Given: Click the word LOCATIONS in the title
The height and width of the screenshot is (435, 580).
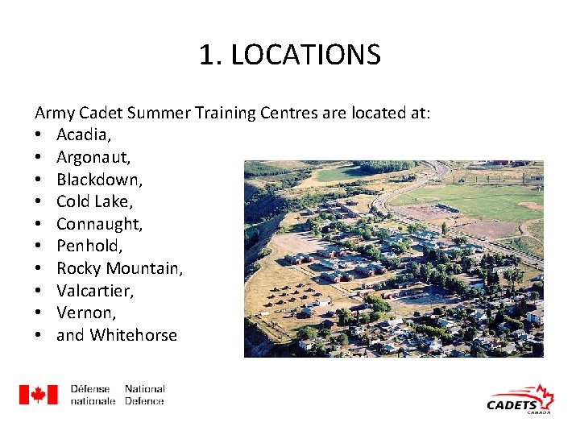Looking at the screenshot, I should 305,56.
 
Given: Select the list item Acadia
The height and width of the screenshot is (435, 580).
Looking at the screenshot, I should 81,135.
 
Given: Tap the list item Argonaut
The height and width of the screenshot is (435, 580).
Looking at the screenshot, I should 90,157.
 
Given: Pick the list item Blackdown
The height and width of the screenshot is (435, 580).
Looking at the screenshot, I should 94,179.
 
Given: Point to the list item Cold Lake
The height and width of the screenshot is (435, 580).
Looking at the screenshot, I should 89,201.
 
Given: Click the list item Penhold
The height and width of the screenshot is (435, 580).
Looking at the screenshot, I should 88,246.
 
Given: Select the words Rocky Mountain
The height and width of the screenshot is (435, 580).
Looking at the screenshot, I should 119,268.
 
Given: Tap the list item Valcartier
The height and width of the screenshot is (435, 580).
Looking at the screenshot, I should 95,290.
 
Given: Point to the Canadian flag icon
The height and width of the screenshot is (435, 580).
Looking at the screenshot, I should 39,395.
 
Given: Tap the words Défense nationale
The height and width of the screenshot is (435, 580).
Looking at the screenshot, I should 93,395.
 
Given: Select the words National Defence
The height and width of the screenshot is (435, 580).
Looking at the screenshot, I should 145,395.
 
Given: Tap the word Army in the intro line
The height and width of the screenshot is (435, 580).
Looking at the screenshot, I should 52,113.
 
